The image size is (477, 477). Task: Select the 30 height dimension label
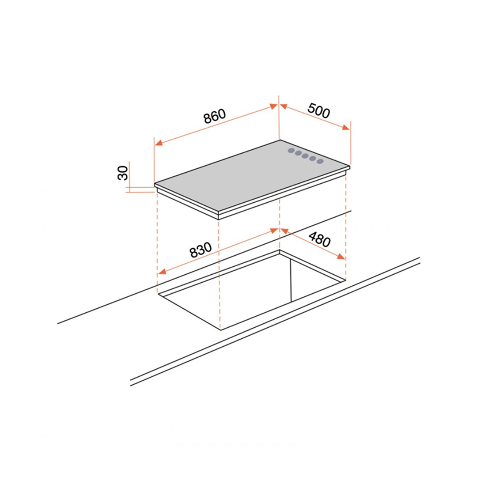pyautogui.click(x=123, y=173)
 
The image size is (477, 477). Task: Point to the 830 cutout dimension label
pyautogui.click(x=201, y=250)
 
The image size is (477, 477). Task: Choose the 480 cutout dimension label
pyautogui.click(x=319, y=239)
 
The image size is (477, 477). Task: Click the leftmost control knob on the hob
pyautogui.click(x=291, y=151)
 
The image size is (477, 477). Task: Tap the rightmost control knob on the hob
pyautogui.click(x=320, y=161)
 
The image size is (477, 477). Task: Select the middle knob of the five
pyautogui.click(x=306, y=156)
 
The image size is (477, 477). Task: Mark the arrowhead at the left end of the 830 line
pyautogui.click(x=161, y=272)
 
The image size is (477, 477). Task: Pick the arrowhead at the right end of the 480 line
pyautogui.click(x=341, y=257)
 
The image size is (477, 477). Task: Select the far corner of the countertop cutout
pyautogui.click(x=280, y=250)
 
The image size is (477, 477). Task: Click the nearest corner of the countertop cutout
pyautogui.click(x=220, y=330)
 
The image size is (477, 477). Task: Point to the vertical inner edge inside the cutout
pyautogui.click(x=291, y=281)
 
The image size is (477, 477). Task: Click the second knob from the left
pyautogui.click(x=298, y=153)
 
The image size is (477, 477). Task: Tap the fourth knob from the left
pyautogui.click(x=312, y=159)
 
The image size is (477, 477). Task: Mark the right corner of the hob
pyautogui.click(x=350, y=167)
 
